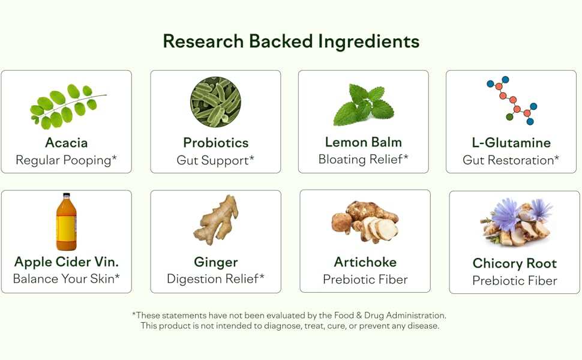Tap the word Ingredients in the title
369,41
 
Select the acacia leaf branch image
66,106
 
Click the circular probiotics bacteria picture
215,102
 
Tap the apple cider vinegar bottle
66,222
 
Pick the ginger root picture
217,220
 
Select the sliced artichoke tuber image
365,222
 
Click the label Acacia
66,143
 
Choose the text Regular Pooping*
66,160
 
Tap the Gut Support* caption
215,160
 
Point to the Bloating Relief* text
364,160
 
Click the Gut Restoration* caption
511,160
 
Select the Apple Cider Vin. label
66,262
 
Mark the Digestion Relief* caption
215,279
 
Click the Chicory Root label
515,263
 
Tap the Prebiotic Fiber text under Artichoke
365,280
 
